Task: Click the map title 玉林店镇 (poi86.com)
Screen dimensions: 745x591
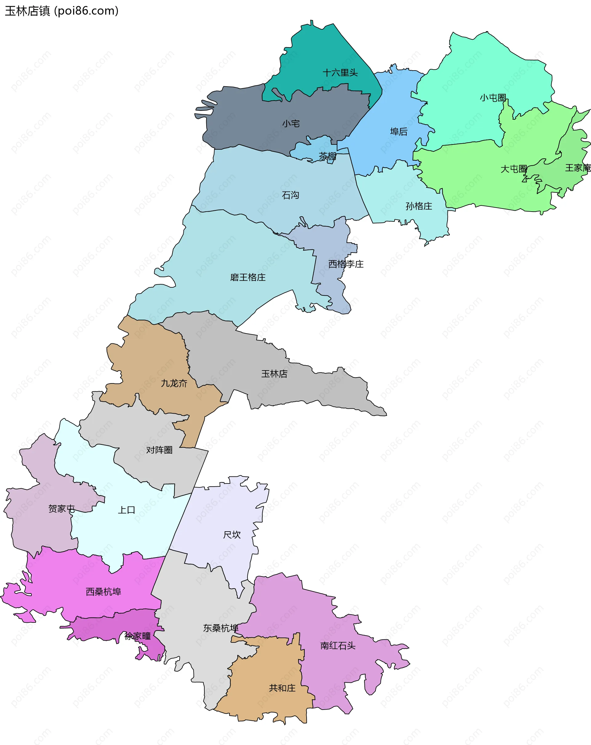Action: tap(62, 11)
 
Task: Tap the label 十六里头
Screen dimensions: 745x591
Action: tap(340, 73)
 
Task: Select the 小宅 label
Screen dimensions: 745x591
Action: tap(291, 124)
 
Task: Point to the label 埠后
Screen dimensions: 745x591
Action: tap(399, 132)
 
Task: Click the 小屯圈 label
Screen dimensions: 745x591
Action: tap(492, 98)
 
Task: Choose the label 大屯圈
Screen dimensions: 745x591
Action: tap(514, 169)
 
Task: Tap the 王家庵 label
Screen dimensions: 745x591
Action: tap(577, 168)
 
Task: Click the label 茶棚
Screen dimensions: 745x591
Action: tap(327, 156)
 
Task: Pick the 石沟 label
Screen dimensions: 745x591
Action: tap(290, 196)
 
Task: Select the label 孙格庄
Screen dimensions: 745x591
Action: tap(419, 206)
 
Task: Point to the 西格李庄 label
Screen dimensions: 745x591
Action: tap(346, 264)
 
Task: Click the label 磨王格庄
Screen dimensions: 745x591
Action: tap(248, 277)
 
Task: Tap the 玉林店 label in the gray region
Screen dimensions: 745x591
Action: tap(274, 374)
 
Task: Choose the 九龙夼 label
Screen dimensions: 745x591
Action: tap(174, 383)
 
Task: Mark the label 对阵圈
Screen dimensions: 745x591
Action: tap(159, 450)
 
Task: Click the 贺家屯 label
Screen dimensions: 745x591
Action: tap(62, 509)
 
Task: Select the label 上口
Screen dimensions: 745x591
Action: tap(127, 510)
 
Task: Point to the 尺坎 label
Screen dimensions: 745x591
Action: tap(232, 535)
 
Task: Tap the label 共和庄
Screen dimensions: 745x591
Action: tap(282, 688)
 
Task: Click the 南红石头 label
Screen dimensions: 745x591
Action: tap(338, 646)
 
